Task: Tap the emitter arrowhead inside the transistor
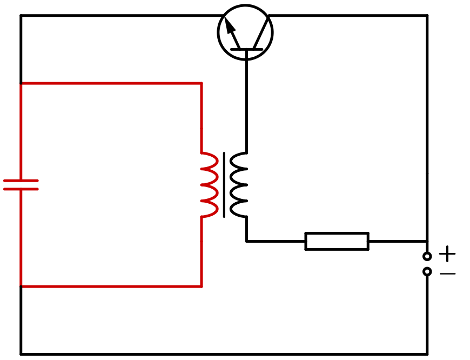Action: (x=230, y=26)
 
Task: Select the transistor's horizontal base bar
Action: (x=246, y=49)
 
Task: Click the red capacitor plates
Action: (x=21, y=185)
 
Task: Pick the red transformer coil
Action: (x=210, y=185)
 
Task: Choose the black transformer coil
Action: (x=238, y=185)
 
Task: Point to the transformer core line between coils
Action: (x=224, y=185)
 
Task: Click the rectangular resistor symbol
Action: (x=337, y=241)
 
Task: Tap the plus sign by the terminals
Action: (x=447, y=254)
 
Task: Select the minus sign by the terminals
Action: (x=447, y=274)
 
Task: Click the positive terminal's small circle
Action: (x=427, y=256)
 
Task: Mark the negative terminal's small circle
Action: (x=427, y=271)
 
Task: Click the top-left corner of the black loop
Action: (x=21, y=16)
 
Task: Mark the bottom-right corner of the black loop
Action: (x=427, y=354)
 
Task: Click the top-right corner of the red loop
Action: (x=202, y=83)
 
